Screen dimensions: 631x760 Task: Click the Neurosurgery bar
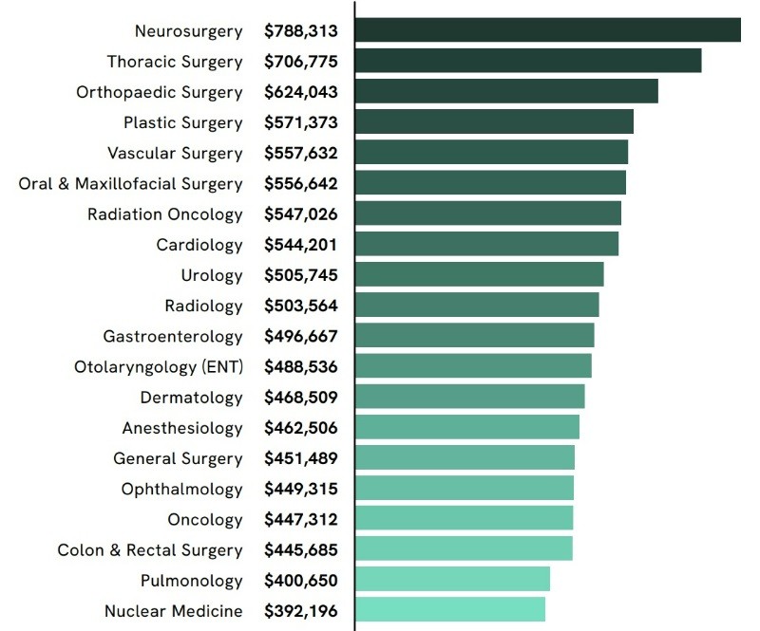point(548,30)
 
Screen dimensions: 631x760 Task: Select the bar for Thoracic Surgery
point(528,61)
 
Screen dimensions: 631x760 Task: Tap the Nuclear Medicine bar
point(450,609)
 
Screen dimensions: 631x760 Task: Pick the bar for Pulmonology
point(453,579)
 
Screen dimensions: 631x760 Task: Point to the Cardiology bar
point(487,244)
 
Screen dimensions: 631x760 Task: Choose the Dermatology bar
point(470,397)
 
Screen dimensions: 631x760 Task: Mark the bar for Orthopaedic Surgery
point(506,91)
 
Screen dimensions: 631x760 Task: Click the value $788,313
point(300,31)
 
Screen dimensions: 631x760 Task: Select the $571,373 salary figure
point(300,122)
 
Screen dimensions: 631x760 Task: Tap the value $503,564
point(300,306)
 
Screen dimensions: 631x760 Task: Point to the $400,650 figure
point(300,581)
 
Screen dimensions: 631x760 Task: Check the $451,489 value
point(300,458)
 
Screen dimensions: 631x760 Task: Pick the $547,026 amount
point(300,214)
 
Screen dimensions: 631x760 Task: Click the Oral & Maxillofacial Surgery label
point(131,184)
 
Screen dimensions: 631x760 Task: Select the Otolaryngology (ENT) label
point(159,367)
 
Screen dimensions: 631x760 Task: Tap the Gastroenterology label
point(173,337)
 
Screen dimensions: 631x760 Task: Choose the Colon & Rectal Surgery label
point(150,550)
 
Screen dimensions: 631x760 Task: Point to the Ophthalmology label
point(182,489)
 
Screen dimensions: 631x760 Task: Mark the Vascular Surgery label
point(175,153)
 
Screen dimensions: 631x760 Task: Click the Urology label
point(212,275)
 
